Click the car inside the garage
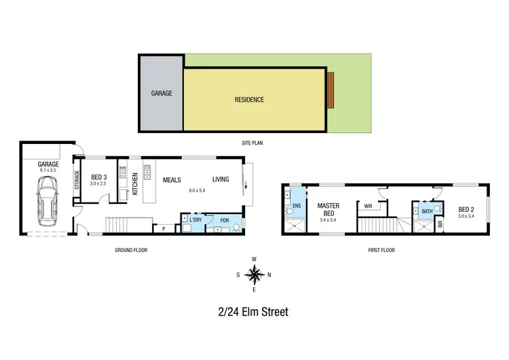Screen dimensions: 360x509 pos(48,198)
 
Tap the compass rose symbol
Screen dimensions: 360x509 pos(254,274)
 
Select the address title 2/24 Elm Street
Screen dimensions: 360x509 pos(254,312)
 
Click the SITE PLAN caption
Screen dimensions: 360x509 pos(254,143)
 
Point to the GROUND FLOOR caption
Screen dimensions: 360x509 pos(130,250)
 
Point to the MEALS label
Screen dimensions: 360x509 pos(171,179)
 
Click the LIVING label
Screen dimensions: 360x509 pos(221,179)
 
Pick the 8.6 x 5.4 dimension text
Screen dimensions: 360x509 pos(197,191)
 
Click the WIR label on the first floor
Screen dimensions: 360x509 pos(368,205)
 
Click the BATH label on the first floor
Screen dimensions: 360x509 pos(426,211)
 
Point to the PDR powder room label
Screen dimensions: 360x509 pos(225,219)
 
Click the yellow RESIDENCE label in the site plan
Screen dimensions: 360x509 pos(249,100)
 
